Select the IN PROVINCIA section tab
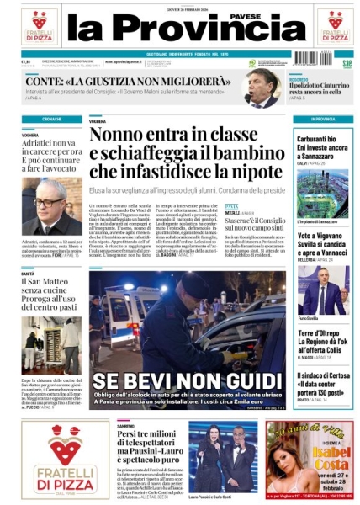(322, 119)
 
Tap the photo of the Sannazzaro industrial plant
(322, 191)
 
